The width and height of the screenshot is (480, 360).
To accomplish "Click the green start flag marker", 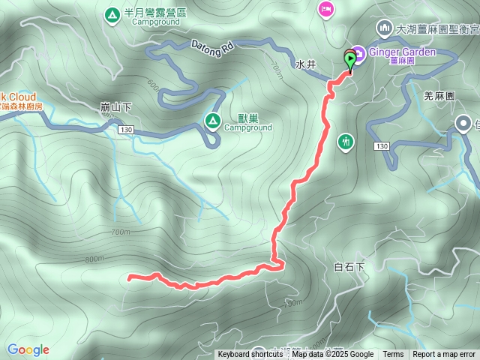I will pos(350,59).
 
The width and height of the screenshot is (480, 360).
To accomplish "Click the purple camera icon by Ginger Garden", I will pos(358,53).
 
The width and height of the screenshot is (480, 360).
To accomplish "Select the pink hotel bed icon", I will pos(326,9).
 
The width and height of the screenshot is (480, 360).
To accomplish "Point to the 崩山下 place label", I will pos(115,107).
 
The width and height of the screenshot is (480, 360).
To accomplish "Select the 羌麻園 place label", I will pos(439,97).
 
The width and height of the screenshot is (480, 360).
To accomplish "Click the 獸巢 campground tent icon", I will pos(212,119).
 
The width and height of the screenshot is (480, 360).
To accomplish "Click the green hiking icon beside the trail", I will pos(346,141).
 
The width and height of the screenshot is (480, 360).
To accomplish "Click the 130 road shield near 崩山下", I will pos(125,131).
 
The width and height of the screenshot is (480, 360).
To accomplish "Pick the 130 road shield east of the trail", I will pos(382,145).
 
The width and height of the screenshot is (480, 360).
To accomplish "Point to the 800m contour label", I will pos(95,259).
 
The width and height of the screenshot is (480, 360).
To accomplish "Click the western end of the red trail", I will pos(130,278).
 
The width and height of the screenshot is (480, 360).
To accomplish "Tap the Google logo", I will pos(28,349).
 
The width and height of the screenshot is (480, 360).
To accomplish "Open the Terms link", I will pos(393,355).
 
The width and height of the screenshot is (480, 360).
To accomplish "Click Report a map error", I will pos(444,355).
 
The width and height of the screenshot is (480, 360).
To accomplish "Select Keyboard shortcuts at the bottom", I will pos(250,355).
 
